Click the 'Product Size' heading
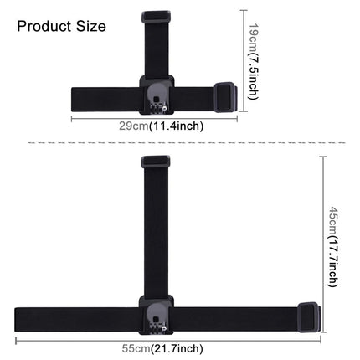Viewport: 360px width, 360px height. coord(61,26)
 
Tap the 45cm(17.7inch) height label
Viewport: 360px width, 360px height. coord(333,247)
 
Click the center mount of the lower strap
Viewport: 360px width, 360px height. coord(155,315)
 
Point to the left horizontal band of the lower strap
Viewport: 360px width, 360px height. coord(75,317)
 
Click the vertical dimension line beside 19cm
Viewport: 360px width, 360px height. coord(244,59)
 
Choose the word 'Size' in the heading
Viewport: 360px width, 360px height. coord(90,26)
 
